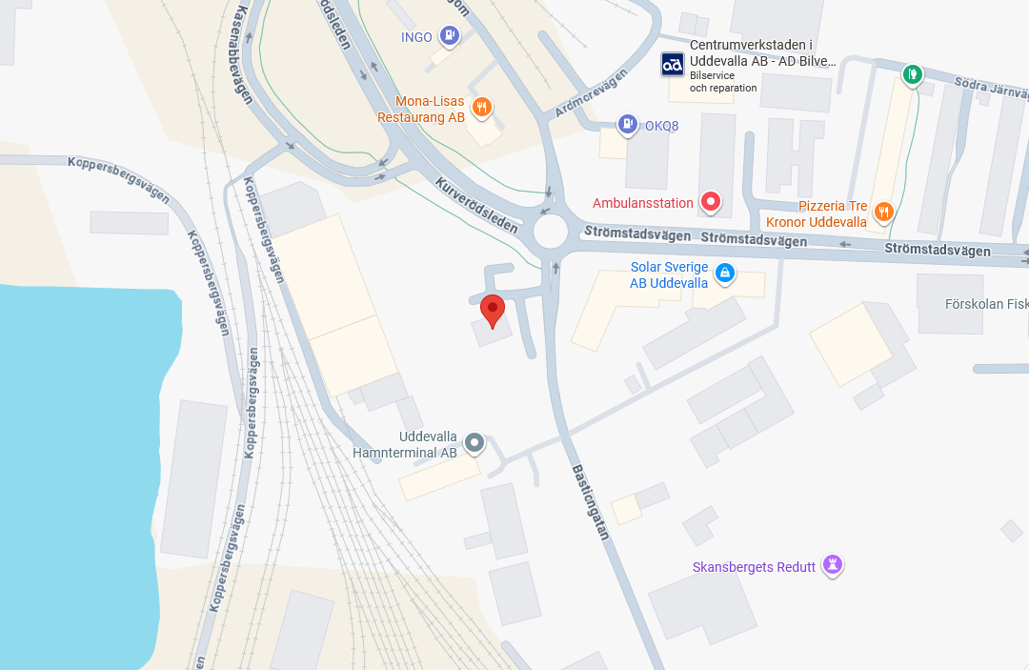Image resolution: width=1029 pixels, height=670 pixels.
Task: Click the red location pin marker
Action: click(x=492, y=310)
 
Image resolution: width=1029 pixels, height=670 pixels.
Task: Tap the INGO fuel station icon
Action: click(x=450, y=37)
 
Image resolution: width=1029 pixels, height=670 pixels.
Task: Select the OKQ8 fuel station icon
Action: click(x=627, y=124)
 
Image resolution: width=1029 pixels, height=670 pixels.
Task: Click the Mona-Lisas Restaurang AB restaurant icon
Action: click(x=482, y=107)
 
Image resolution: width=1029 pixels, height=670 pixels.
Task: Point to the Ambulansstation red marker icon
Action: click(x=710, y=202)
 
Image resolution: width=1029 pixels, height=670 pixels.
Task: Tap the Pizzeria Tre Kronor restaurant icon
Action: click(x=883, y=213)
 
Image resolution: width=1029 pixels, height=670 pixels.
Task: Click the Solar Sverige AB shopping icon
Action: click(x=724, y=274)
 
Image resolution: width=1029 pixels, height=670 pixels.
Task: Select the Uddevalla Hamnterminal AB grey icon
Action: click(x=474, y=442)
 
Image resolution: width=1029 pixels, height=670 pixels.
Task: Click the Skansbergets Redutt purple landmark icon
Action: click(x=833, y=565)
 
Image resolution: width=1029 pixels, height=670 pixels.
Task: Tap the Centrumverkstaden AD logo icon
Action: click(x=673, y=64)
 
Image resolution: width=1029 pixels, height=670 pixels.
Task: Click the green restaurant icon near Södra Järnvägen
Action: click(x=913, y=73)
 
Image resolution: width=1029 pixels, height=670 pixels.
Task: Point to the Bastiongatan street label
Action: click(x=590, y=502)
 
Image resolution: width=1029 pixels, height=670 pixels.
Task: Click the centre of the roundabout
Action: click(x=551, y=232)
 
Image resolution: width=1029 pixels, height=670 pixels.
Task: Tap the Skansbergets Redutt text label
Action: click(x=754, y=567)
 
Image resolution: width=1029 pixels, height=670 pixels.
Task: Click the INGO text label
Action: click(x=416, y=38)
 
